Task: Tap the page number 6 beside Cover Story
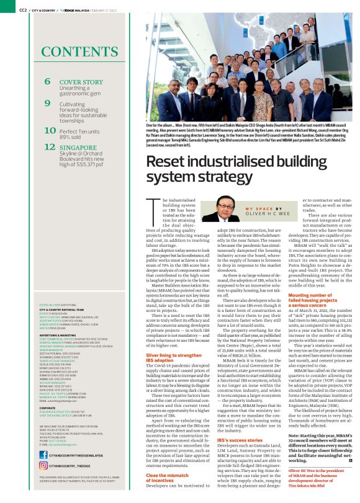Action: [47, 82]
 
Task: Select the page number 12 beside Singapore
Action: [49, 147]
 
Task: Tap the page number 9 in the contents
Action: [47, 102]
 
